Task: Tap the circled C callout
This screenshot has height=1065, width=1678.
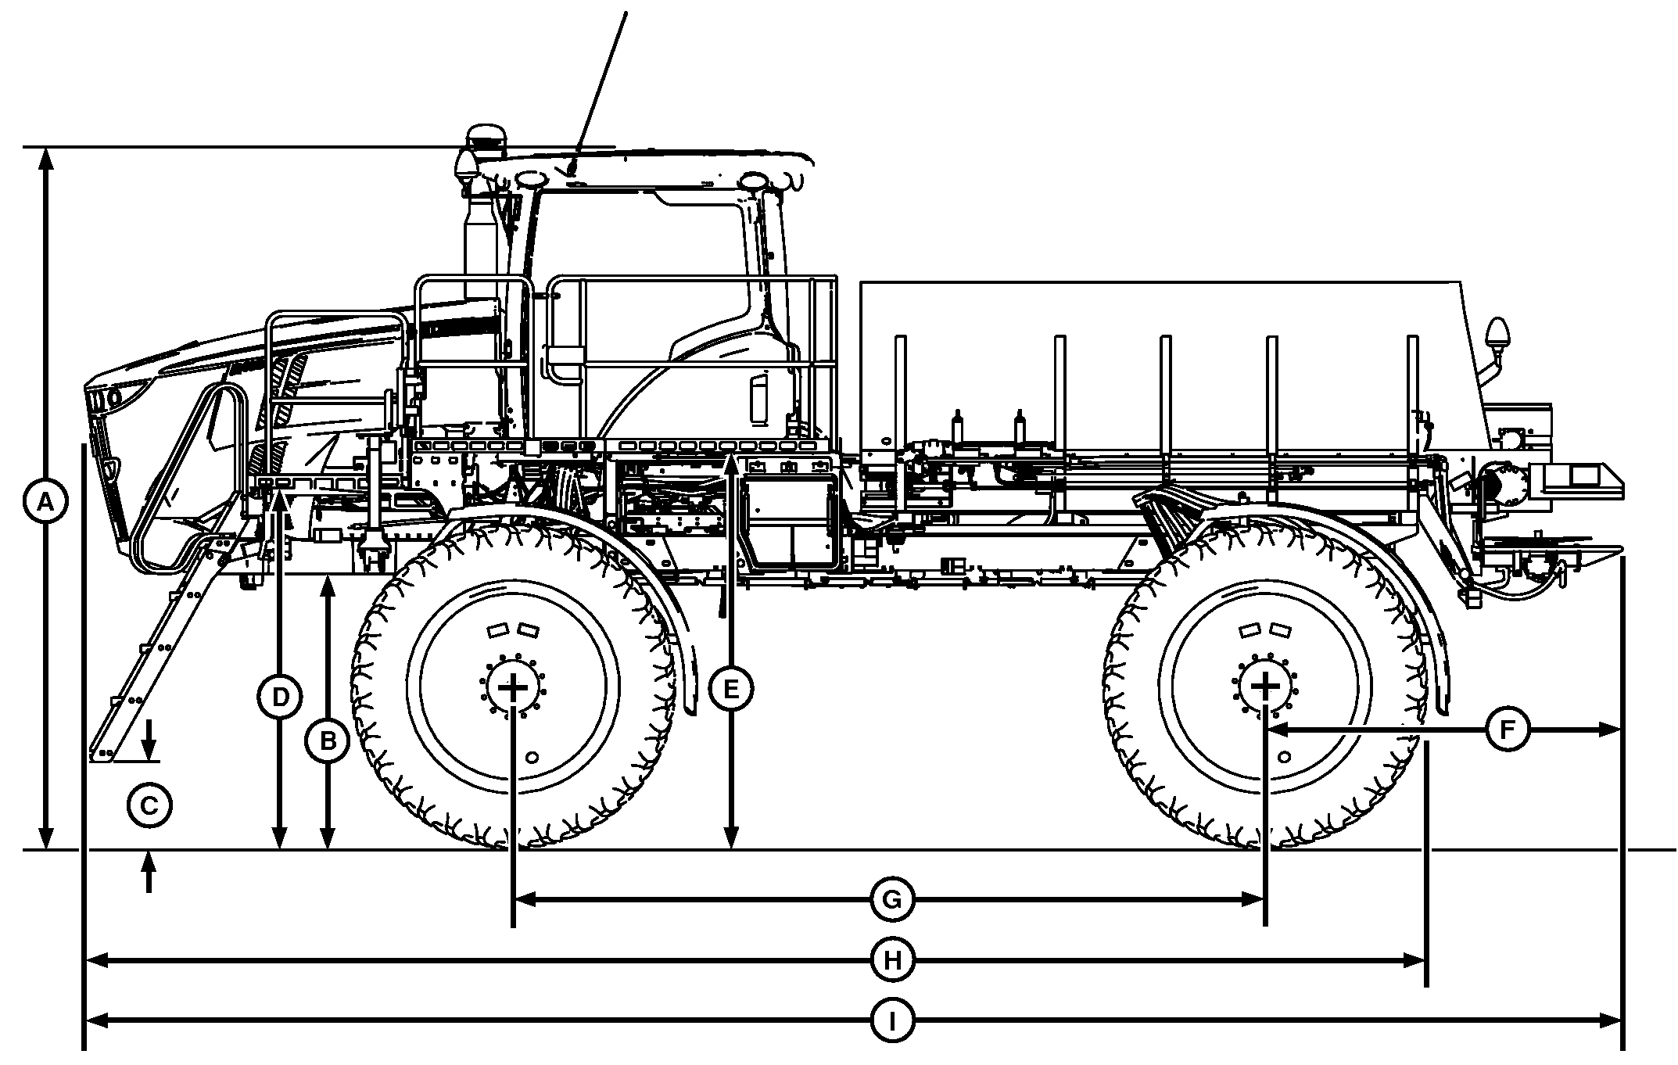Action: pos(149,805)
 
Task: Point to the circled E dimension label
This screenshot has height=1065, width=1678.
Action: pos(730,689)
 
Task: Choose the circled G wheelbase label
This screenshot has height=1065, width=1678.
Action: pos(892,901)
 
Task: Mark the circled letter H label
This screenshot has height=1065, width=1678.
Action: pos(892,960)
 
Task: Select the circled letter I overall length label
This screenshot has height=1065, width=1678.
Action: pos(892,1020)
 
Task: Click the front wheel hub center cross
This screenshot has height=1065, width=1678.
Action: pos(513,687)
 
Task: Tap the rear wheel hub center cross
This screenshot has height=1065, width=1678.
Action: pos(1264,687)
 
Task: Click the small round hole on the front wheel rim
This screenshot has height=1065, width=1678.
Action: pos(532,757)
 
